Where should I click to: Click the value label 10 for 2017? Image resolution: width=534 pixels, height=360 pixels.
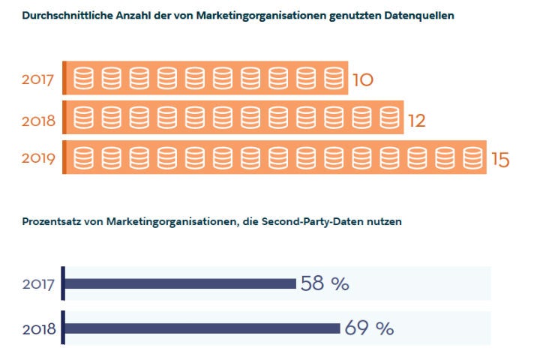[362, 79]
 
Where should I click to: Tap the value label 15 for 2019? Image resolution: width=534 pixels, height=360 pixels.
[499, 160]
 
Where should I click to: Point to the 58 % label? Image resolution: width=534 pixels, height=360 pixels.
[325, 283]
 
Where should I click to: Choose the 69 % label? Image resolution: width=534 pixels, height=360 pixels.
[369, 328]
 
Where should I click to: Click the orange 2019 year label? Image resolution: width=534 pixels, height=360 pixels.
[40, 159]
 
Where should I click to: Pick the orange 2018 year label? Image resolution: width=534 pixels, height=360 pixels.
[40, 118]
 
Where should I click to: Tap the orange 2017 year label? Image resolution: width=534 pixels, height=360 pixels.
[40, 79]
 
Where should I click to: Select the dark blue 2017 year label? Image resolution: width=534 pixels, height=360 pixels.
[40, 284]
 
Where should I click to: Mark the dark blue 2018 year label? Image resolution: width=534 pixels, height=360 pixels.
[40, 328]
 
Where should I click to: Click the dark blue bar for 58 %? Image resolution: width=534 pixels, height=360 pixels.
[180, 283]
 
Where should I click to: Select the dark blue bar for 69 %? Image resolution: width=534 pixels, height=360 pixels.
[202, 328]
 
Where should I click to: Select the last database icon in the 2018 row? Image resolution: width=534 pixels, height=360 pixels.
[388, 118]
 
